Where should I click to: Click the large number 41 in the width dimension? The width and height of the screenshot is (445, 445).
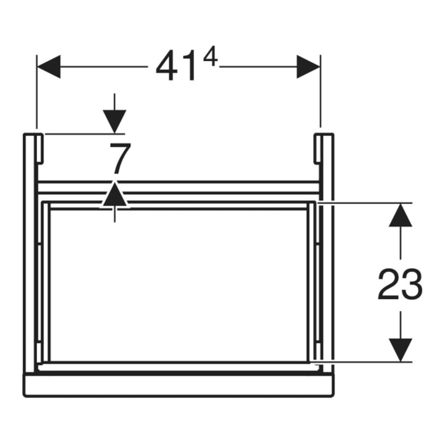[176, 66]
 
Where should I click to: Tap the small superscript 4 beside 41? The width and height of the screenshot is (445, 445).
[211, 57]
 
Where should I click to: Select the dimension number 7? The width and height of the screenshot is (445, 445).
[121, 159]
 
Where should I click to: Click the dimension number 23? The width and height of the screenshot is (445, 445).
[400, 285]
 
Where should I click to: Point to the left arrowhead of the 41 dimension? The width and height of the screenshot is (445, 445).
[49, 67]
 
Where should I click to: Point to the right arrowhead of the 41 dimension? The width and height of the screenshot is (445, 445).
[308, 67]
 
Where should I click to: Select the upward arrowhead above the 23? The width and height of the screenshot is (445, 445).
[400, 215]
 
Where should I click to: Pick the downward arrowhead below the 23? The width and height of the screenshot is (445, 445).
[400, 350]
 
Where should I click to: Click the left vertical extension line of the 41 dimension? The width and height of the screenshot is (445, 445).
[36, 91]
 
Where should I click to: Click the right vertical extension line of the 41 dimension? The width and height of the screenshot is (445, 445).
[321, 91]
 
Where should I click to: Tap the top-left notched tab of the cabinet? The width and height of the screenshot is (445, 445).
[40, 148]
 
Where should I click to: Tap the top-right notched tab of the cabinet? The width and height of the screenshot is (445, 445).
[317, 148]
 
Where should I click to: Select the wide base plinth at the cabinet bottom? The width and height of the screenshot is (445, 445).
[179, 385]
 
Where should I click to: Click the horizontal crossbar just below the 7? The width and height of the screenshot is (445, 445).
[178, 187]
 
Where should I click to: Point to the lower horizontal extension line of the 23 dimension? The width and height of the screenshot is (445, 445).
[361, 362]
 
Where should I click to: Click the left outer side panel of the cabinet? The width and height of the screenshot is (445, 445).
[30, 253]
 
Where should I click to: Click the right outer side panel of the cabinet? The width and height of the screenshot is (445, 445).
[328, 253]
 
